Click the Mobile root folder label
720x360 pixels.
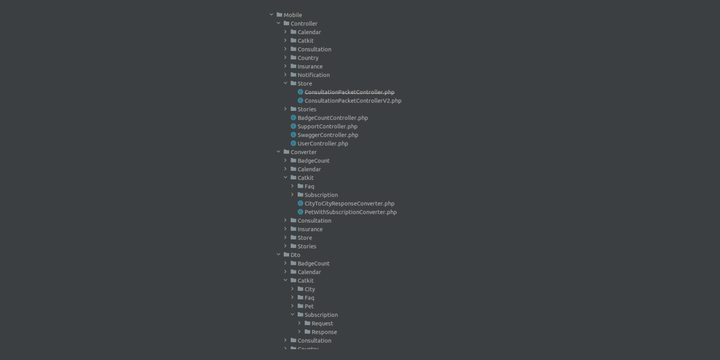tap(293, 15)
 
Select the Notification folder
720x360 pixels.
tap(313, 75)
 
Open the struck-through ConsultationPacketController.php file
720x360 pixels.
tap(349, 92)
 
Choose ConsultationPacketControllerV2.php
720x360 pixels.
tap(353, 101)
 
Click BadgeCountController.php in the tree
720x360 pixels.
tap(332, 118)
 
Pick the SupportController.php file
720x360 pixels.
tap(327, 127)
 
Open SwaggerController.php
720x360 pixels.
tap(328, 135)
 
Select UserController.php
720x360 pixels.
tap(323, 144)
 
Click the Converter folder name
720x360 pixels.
tap(303, 152)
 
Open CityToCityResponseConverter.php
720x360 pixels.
tap(349, 204)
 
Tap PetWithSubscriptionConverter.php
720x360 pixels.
tap(350, 212)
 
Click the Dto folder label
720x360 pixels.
tap(295, 255)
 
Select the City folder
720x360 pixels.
tap(310, 289)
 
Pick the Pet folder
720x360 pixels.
tap(309, 307)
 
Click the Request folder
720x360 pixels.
tap(322, 323)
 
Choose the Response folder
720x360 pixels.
tap(324, 332)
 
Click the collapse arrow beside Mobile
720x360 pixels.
tap(271, 15)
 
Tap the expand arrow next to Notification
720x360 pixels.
tap(286, 75)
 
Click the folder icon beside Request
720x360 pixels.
tap(307, 323)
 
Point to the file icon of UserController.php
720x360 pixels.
tap(293, 144)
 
